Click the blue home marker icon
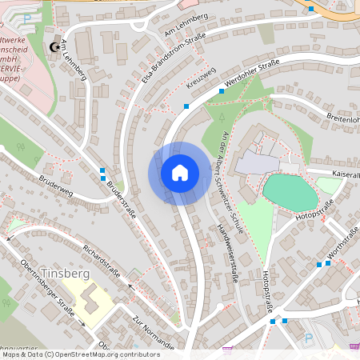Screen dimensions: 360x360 [180, 173]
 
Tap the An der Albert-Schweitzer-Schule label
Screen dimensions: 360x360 [237, 170]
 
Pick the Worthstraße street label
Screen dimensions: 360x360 [345, 238]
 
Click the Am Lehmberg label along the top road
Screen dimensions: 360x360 [186, 24]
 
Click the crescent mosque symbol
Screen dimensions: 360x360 [54, 48]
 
